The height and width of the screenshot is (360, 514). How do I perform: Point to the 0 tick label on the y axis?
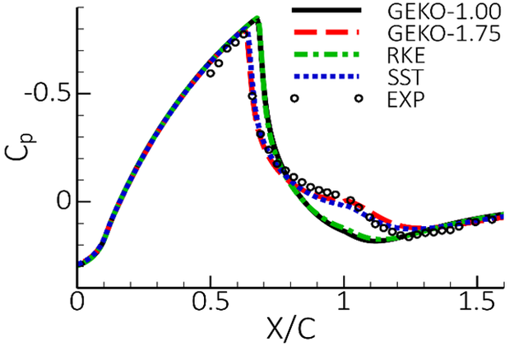[x=58, y=201]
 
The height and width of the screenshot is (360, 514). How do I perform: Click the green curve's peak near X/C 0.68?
[x=257, y=19]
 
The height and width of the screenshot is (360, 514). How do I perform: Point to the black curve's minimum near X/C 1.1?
[x=375, y=241]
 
